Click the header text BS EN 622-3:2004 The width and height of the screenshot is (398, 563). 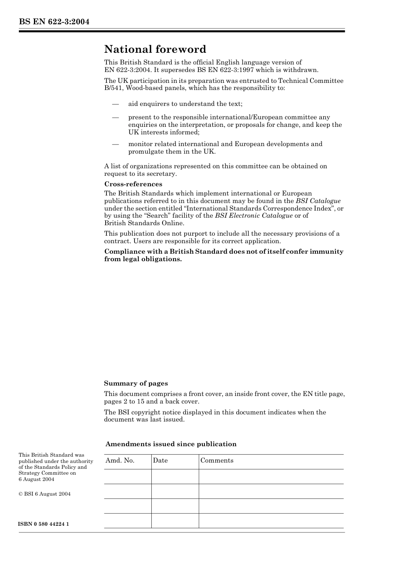(54, 22)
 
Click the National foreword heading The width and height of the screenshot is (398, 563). (155, 49)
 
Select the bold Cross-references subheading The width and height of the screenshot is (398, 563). (133, 184)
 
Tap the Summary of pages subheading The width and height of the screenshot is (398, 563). (136, 383)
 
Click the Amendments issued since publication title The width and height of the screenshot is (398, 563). (171, 444)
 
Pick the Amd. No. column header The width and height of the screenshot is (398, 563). (120, 460)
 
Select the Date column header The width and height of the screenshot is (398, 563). (160, 460)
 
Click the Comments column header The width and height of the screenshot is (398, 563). (217, 460)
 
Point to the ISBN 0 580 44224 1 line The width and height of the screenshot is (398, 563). (44, 524)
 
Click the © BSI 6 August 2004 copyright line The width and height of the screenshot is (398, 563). (44, 494)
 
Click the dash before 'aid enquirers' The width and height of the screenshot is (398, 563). (115, 104)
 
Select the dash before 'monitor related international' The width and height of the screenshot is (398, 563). (115, 144)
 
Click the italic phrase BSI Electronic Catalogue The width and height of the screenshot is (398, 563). (253, 216)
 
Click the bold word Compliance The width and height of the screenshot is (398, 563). (124, 252)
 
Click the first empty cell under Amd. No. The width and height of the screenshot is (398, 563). (127, 476)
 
